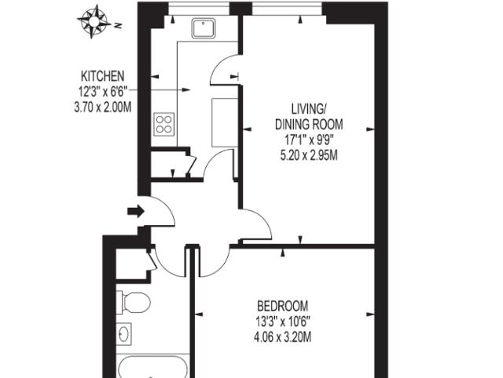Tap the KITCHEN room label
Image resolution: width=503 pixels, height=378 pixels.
pyautogui.click(x=102, y=76)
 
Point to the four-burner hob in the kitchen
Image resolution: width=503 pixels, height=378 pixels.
pyautogui.click(x=165, y=122)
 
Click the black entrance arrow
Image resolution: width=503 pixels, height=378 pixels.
pyautogui.click(x=135, y=211)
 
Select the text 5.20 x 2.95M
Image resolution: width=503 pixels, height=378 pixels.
pyautogui.click(x=309, y=155)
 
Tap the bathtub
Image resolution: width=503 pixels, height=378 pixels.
pyautogui.click(x=153, y=369)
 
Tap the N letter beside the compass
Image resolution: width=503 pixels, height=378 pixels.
pyautogui.click(x=117, y=24)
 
